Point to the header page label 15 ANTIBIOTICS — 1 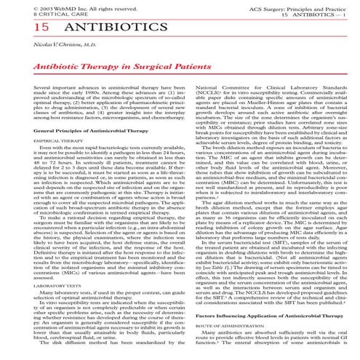click(x=318, y=12)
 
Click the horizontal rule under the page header click(x=180, y=17)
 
